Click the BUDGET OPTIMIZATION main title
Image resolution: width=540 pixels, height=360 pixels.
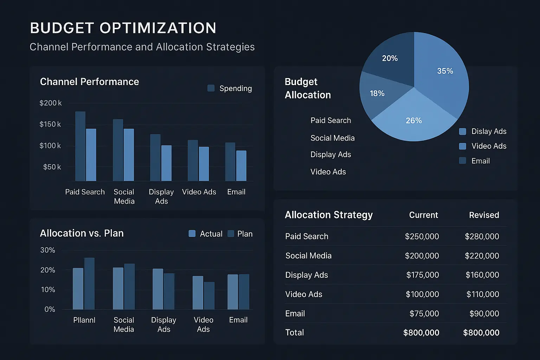(x=123, y=28)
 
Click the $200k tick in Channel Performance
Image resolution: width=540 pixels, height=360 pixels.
(x=50, y=103)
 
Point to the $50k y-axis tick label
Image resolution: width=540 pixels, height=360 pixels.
(x=52, y=167)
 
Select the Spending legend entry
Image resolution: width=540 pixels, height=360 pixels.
(x=230, y=88)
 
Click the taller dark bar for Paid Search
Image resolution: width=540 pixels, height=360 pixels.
(x=80, y=146)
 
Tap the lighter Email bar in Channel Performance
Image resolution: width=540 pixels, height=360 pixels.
(x=241, y=166)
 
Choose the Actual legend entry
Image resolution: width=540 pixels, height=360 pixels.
(x=206, y=234)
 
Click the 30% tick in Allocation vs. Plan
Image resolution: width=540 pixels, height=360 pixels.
(x=48, y=250)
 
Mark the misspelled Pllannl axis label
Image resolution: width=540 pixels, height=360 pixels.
(x=84, y=320)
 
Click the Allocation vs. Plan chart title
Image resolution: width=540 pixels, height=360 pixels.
(x=82, y=233)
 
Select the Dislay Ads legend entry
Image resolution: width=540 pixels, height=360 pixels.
(x=483, y=131)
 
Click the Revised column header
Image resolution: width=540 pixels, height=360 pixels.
(x=484, y=215)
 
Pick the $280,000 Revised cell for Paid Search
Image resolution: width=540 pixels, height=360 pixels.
(x=482, y=237)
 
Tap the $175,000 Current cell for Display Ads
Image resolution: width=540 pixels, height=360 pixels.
(x=422, y=275)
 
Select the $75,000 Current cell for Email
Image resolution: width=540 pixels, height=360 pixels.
(x=424, y=314)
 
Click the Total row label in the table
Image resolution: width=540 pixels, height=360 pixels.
(x=295, y=333)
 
